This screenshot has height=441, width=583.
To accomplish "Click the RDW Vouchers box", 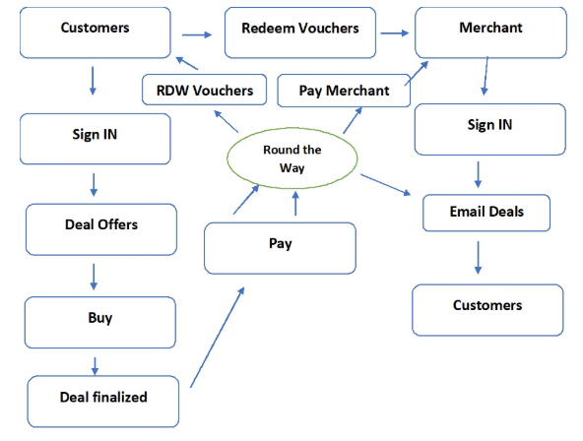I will pos(204,91).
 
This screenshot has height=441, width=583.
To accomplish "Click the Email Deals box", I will pos(486,213).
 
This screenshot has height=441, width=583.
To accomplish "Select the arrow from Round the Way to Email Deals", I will pos(387,187).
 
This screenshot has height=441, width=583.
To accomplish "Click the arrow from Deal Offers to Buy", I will pos(96,275).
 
